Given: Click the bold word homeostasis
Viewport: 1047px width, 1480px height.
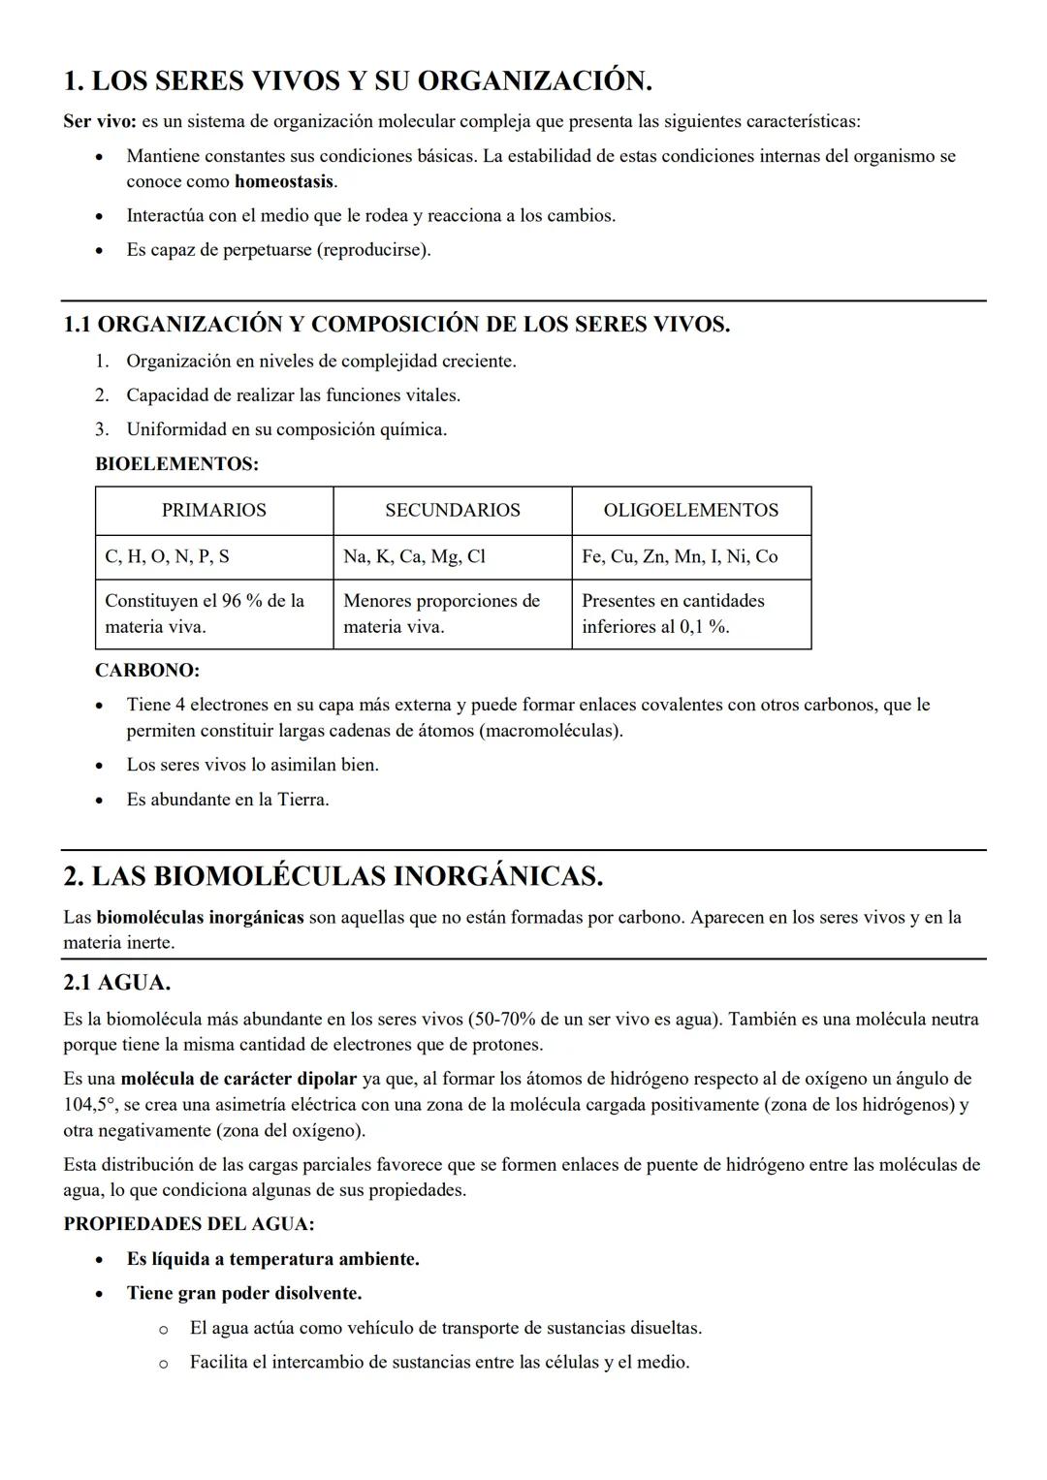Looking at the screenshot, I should [284, 181].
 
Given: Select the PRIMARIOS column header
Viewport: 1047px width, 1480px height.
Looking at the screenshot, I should [213, 510].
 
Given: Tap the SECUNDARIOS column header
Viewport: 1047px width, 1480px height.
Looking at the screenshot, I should [452, 510].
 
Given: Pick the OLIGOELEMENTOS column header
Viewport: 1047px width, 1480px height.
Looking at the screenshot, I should [690, 510].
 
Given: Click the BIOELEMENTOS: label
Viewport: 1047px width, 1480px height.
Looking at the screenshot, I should [176, 464].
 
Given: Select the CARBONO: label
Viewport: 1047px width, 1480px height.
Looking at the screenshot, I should [147, 670].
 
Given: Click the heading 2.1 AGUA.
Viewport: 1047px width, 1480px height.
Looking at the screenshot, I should [116, 983].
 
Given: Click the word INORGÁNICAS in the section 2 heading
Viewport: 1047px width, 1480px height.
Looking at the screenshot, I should [497, 876].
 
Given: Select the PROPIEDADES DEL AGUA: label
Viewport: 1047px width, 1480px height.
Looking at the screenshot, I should [189, 1224].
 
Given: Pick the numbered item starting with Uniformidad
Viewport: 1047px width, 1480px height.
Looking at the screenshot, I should [286, 429].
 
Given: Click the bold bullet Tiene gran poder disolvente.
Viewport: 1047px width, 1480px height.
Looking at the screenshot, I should [243, 1293].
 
